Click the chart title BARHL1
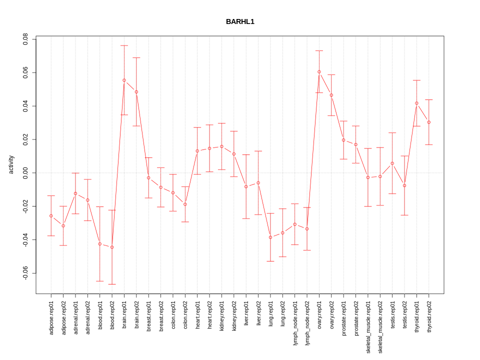[x=240, y=22]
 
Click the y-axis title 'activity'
[x=11, y=164]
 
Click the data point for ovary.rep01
[x=319, y=72]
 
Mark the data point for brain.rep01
[x=124, y=80]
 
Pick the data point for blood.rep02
[x=112, y=247]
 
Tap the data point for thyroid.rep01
[x=416, y=103]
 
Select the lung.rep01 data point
[x=270, y=237]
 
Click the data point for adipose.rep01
[x=51, y=216]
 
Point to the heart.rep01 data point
[x=197, y=151]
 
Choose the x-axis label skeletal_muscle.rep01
[x=368, y=327]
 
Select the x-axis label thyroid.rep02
[x=429, y=318]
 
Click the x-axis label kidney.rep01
[x=221, y=318]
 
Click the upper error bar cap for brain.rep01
[x=124, y=45]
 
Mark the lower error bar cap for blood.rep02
[x=112, y=284]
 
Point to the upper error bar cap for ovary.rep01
[x=319, y=50]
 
